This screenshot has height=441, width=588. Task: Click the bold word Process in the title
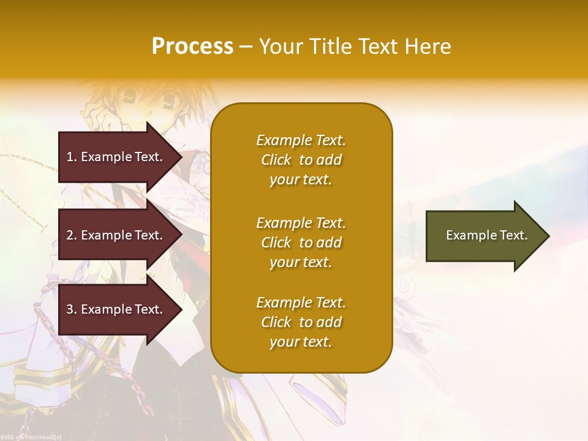pos(192,47)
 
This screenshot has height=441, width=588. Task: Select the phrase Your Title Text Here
pos(355,47)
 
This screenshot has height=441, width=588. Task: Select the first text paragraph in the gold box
pos(301,160)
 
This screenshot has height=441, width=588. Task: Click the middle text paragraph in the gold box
pos(301,243)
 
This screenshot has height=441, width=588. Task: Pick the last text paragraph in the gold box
pos(301,322)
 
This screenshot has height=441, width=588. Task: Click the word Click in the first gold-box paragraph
pos(276,160)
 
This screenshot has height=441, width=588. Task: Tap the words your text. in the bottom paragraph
pos(301,342)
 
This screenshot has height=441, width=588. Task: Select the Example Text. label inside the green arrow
pos(487,235)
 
